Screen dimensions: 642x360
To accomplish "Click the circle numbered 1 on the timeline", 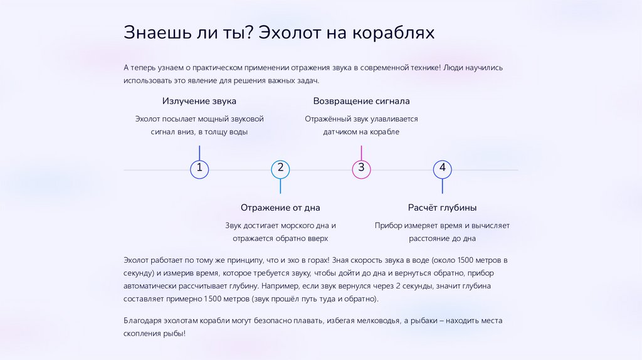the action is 199,169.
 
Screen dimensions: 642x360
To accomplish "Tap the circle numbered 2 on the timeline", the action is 280,169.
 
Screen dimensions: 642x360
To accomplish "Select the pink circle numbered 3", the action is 361,169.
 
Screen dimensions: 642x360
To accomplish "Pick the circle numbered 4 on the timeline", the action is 442,169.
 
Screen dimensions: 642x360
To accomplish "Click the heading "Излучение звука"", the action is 199,101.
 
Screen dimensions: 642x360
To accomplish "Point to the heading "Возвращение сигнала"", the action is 361,101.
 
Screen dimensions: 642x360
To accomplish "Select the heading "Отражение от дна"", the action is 280,208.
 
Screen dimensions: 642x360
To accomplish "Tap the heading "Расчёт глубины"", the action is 442,208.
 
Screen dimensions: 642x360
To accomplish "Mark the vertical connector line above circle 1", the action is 199,152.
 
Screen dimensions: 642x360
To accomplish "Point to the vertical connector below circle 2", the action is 280,186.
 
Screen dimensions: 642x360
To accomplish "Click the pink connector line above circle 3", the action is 361,152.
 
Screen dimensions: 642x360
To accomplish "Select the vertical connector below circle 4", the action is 442,186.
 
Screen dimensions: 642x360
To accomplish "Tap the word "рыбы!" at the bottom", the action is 175,334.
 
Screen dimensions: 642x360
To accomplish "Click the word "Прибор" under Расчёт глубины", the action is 388,225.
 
